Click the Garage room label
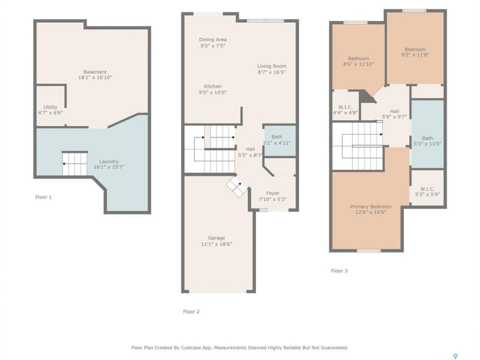click(216, 238)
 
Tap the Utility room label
click(50, 107)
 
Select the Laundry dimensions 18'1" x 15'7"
click(108, 167)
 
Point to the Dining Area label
click(213, 39)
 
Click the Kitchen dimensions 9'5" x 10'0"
click(212, 92)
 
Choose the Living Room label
click(271, 66)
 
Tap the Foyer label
click(272, 193)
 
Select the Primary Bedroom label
click(370, 206)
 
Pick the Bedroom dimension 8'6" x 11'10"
click(358, 64)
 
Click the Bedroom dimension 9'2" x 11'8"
click(415, 55)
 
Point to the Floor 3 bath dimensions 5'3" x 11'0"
click(427, 144)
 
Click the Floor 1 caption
click(43, 197)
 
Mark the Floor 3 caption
click(339, 270)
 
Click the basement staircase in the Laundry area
click(75, 164)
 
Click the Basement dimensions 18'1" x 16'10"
click(95, 78)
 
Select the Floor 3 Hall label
click(394, 111)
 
